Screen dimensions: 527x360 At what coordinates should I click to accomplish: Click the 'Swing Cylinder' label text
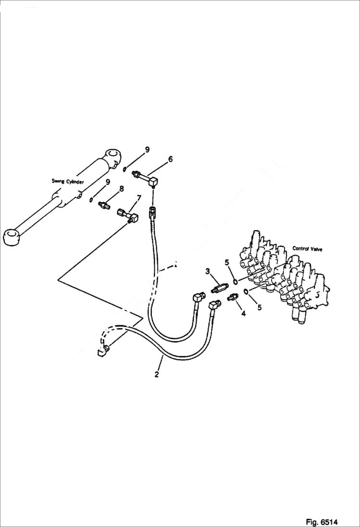click(68, 181)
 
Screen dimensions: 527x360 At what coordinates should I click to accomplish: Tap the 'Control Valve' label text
click(308, 249)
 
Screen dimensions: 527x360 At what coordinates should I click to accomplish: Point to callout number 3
click(208, 272)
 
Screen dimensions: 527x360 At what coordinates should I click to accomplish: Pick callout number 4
click(243, 313)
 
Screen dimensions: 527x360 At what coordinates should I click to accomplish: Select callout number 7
click(139, 198)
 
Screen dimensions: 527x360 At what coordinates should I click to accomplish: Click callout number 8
click(122, 189)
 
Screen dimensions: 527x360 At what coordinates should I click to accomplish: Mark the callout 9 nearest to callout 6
click(147, 149)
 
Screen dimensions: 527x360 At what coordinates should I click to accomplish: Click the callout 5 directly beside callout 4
click(259, 307)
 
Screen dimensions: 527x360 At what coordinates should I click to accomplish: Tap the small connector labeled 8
click(103, 206)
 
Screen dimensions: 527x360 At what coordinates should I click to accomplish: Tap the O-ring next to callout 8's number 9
click(91, 199)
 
